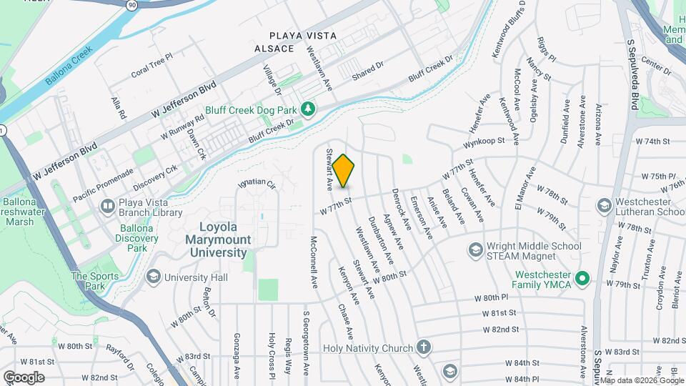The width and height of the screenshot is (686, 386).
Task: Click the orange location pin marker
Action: pyautogui.click(x=343, y=171)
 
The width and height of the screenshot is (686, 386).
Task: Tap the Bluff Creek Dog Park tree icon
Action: pyautogui.click(x=308, y=108)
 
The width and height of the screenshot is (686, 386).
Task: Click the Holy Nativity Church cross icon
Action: pyautogui.click(x=424, y=348)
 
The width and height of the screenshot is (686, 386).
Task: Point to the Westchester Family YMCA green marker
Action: pyautogui.click(x=582, y=277)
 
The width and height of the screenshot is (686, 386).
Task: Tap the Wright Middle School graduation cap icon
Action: pyautogui.click(x=475, y=249)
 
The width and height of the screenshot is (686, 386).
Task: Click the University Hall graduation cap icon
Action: pyautogui.click(x=153, y=277)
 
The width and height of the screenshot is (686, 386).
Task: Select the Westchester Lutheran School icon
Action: pyautogui.click(x=605, y=206)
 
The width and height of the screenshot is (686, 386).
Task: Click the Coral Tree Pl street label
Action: pyautogui.click(x=151, y=65)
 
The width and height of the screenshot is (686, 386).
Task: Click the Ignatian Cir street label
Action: pyautogui.click(x=257, y=184)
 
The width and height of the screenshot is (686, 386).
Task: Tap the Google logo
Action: pyautogui.click(x=24, y=377)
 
